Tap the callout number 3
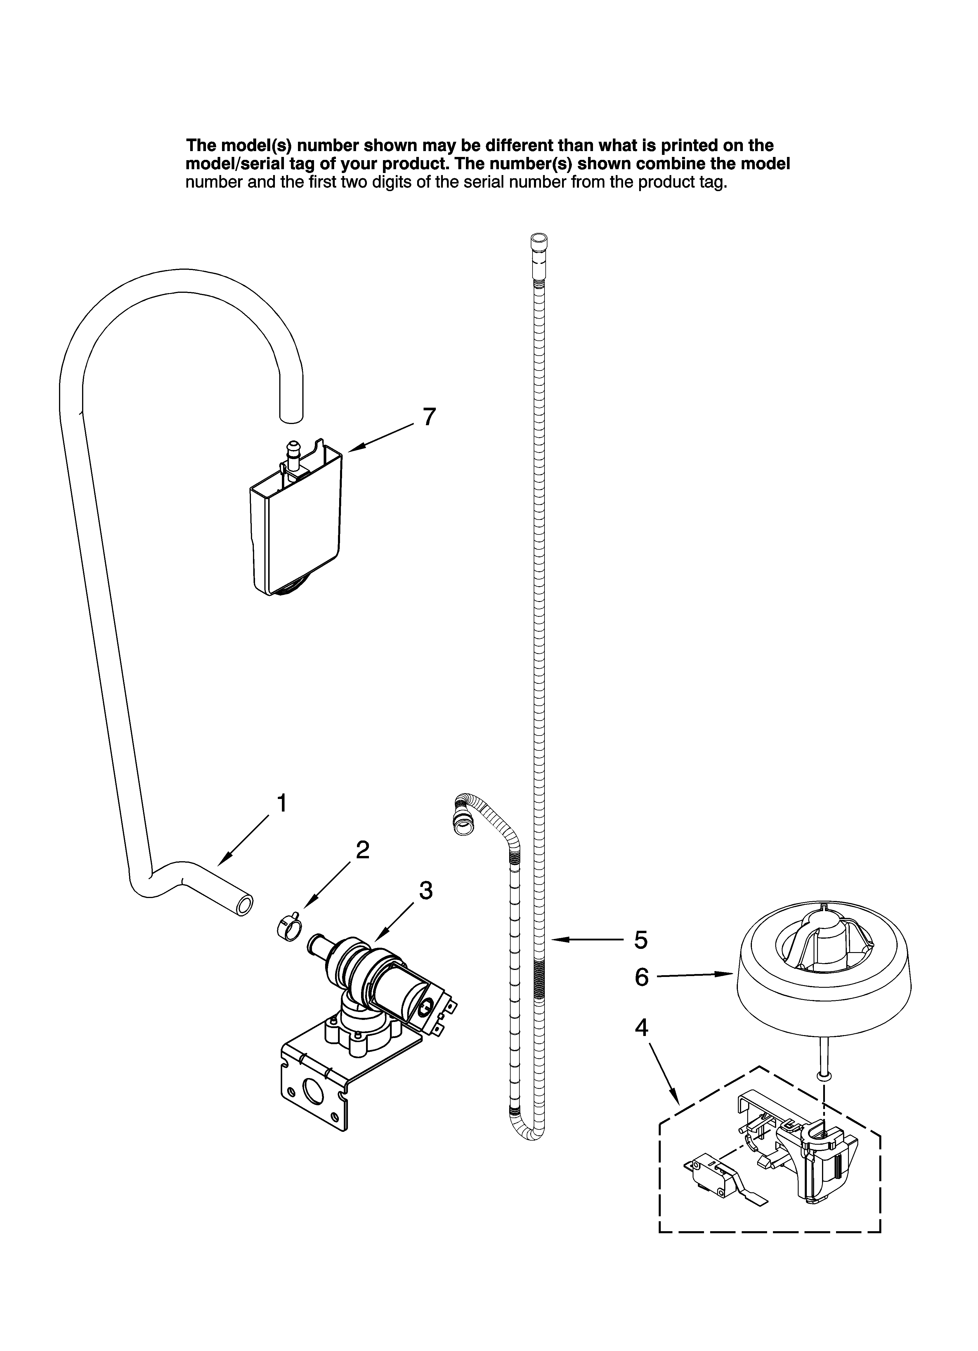pyautogui.click(x=425, y=890)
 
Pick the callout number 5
pyautogui.click(x=641, y=940)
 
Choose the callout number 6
pyautogui.click(x=641, y=978)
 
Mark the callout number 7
pyautogui.click(x=429, y=417)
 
